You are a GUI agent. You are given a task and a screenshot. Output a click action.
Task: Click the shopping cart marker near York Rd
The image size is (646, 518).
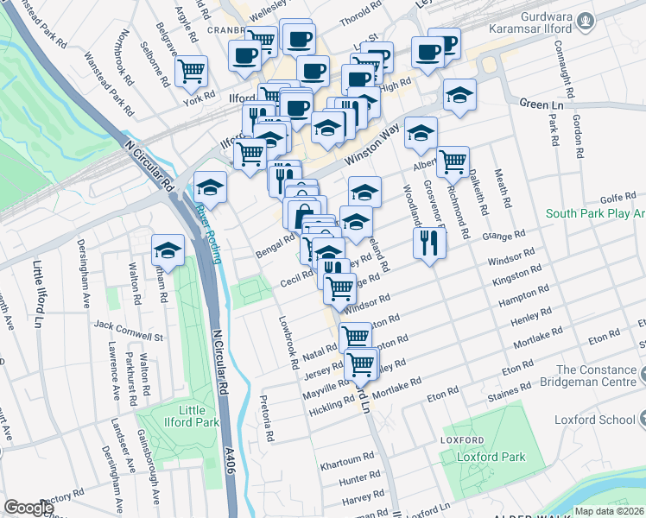(x=192, y=70)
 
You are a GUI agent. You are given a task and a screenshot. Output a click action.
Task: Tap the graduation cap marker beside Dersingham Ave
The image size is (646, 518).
(x=168, y=250)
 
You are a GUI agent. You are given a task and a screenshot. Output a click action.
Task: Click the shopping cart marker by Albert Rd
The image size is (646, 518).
(x=453, y=161)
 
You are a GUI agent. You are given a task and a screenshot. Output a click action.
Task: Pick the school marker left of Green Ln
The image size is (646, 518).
(x=459, y=95)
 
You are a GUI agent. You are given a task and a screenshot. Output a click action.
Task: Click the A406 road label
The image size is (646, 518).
(x=229, y=458)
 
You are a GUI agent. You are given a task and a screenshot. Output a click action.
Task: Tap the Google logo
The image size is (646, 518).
(x=28, y=508)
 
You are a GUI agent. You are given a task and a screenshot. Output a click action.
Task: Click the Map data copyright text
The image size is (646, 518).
(x=610, y=511)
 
